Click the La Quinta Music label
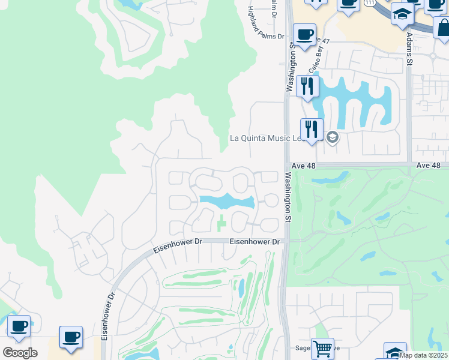(x=268, y=138)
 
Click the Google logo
(x=20, y=353)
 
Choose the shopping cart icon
(x=322, y=348)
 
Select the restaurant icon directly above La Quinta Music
(x=312, y=129)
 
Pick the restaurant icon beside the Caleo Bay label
(x=307, y=86)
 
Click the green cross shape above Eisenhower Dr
(x=221, y=222)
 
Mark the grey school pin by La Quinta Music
(x=333, y=139)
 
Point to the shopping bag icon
(x=443, y=27)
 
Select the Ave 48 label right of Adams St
(x=428, y=165)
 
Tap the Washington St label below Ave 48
(x=288, y=198)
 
